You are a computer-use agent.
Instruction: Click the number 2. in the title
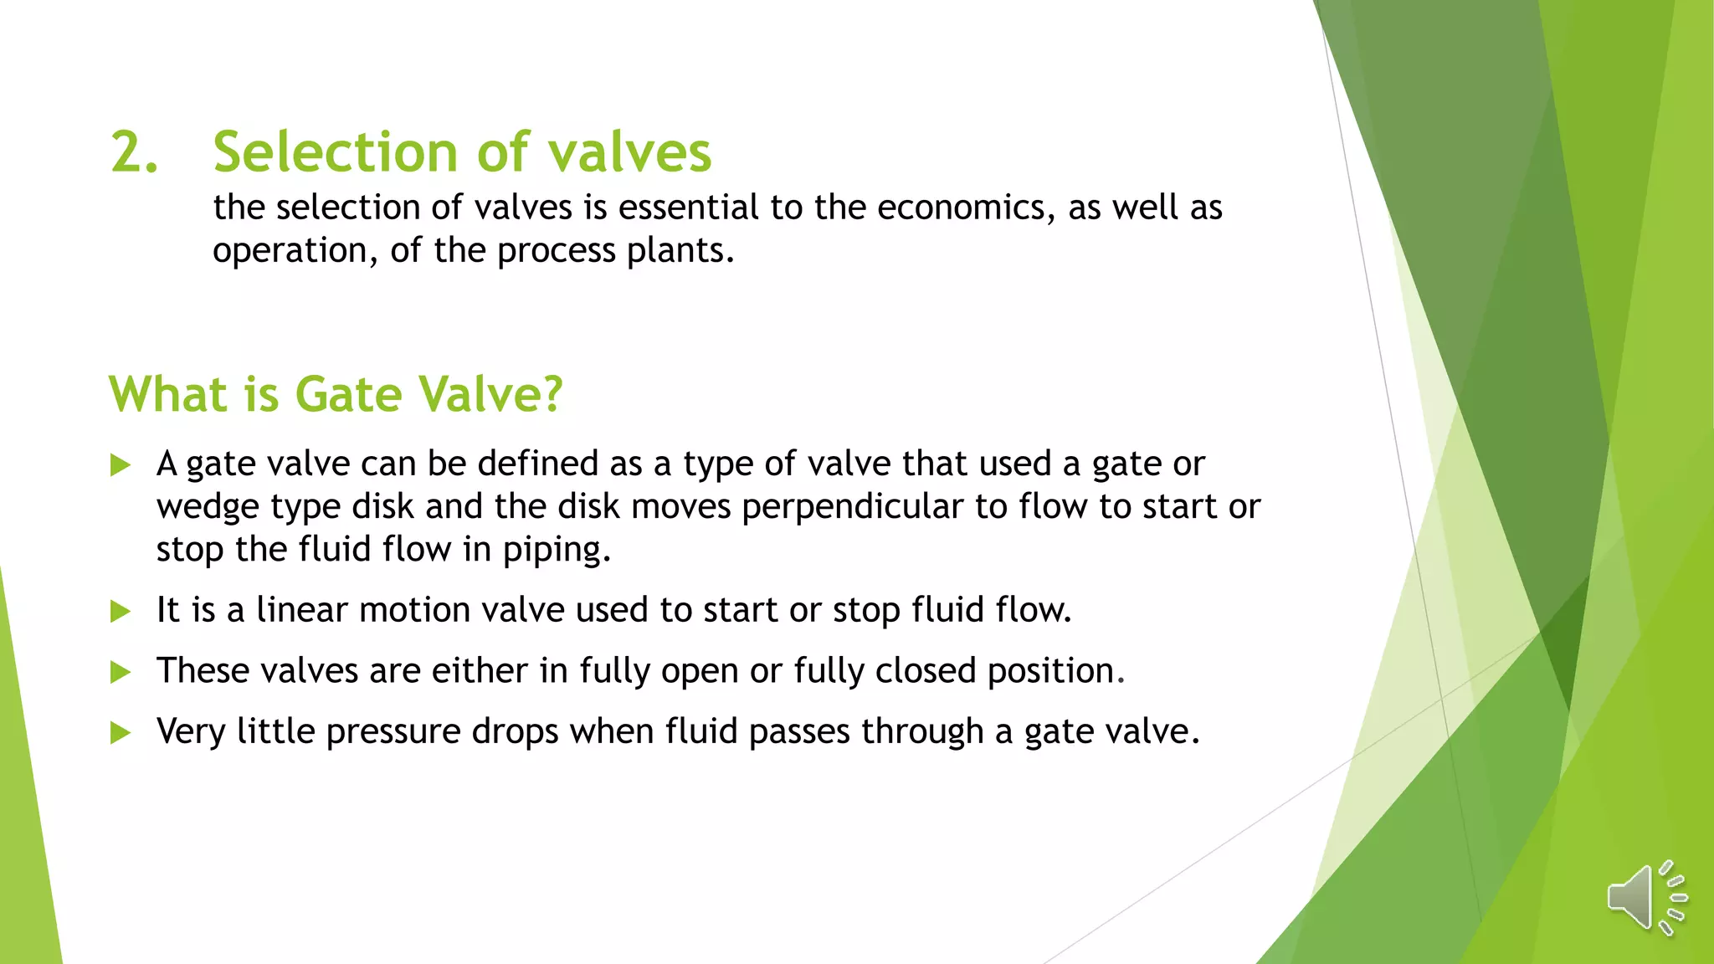pyautogui.click(x=135, y=153)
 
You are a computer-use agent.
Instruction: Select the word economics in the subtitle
pyautogui.click(x=966, y=208)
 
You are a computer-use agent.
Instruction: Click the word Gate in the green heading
pyautogui.click(x=348, y=394)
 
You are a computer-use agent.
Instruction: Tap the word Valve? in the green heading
pyautogui.click(x=490, y=394)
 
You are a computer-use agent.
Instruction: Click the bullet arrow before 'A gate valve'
pyautogui.click(x=121, y=465)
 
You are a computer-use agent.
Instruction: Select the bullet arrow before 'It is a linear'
pyautogui.click(x=121, y=612)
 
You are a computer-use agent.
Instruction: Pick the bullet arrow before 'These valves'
pyautogui.click(x=121, y=672)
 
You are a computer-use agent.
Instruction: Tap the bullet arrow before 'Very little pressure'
pyautogui.click(x=121, y=733)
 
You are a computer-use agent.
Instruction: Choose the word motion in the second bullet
pyautogui.click(x=414, y=610)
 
